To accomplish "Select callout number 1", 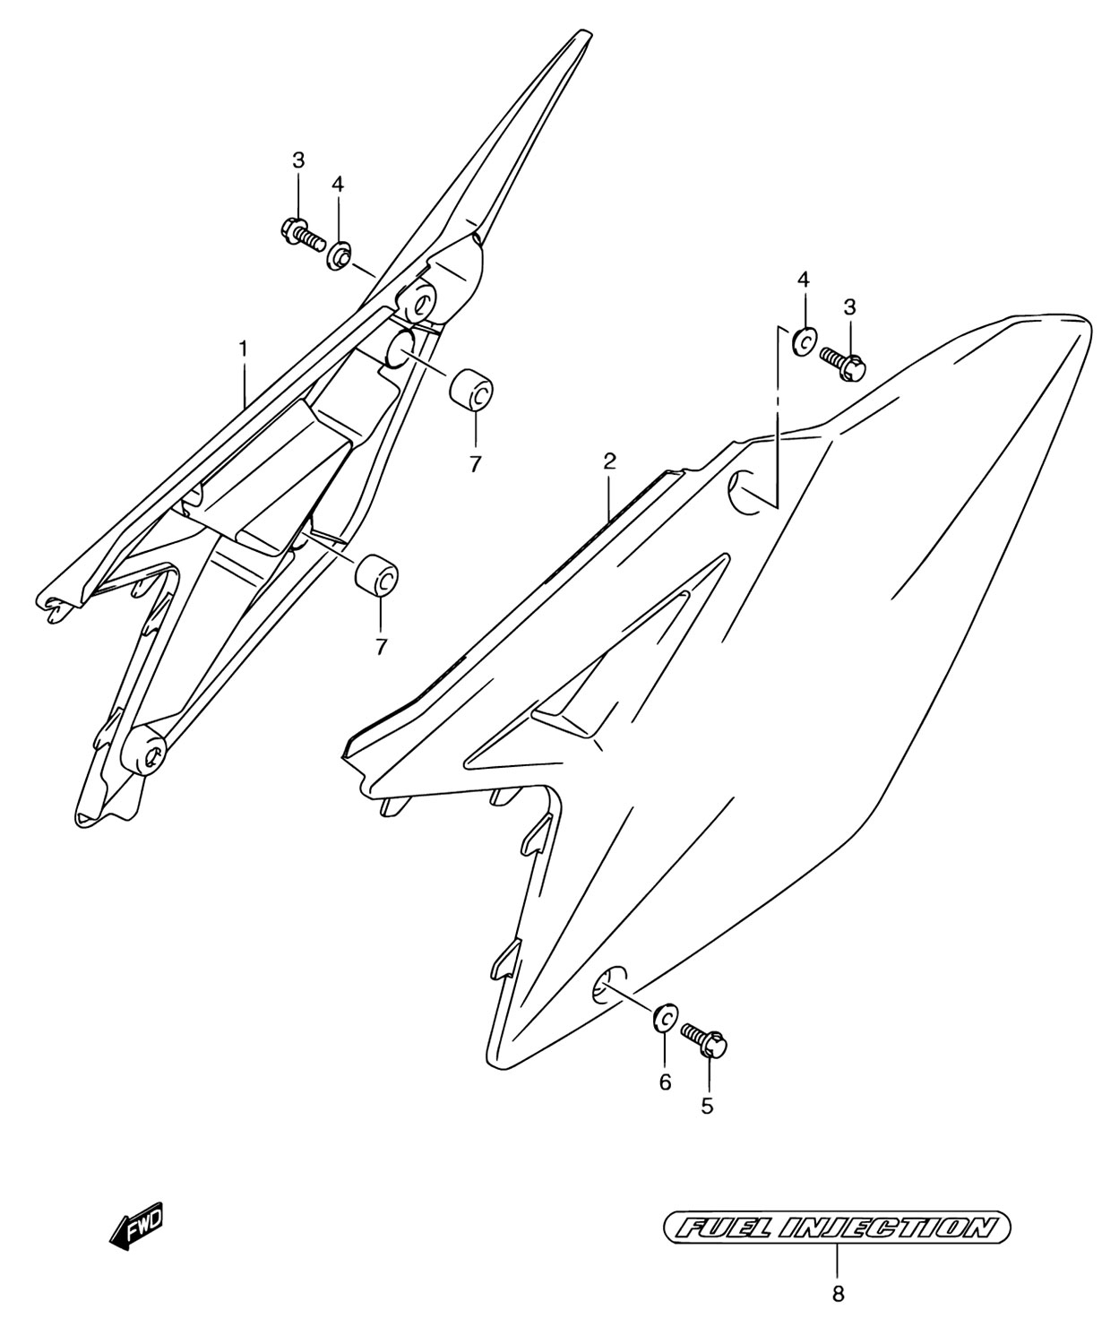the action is [x=244, y=349].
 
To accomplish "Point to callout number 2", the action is [x=610, y=461].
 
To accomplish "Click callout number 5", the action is [x=707, y=1106].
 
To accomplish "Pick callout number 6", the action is [x=665, y=1082].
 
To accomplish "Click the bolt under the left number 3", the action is [x=303, y=236].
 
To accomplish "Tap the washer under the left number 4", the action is [x=339, y=254].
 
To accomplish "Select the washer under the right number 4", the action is [x=805, y=341].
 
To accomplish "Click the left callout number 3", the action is [x=298, y=161].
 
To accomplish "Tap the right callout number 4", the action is [x=803, y=280].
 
